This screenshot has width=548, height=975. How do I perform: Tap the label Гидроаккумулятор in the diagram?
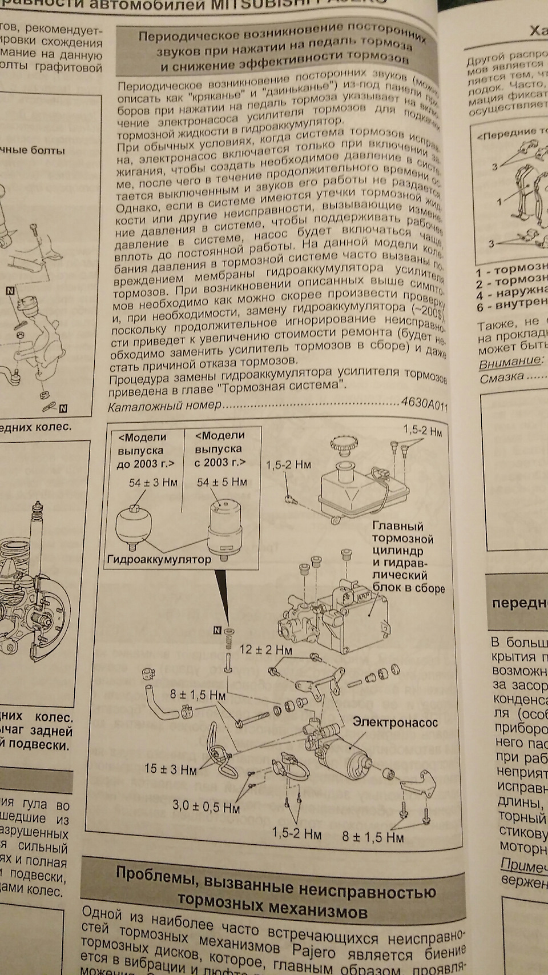[x=159, y=559]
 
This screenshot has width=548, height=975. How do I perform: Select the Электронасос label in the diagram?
[x=395, y=722]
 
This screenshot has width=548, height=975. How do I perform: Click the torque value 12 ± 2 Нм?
[x=265, y=649]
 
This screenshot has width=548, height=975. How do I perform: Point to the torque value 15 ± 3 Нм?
[x=170, y=769]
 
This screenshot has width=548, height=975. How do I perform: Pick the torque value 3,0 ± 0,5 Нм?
[x=206, y=807]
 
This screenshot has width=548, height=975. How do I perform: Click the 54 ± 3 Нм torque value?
[x=152, y=483]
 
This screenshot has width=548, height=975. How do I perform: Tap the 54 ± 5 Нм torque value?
[x=221, y=482]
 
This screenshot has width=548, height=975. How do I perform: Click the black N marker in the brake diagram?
[x=216, y=631]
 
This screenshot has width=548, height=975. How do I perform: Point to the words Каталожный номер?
[x=164, y=406]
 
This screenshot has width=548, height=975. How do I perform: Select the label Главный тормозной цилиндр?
[x=402, y=539]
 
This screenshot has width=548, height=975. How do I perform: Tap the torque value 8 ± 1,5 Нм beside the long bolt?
[x=197, y=695]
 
